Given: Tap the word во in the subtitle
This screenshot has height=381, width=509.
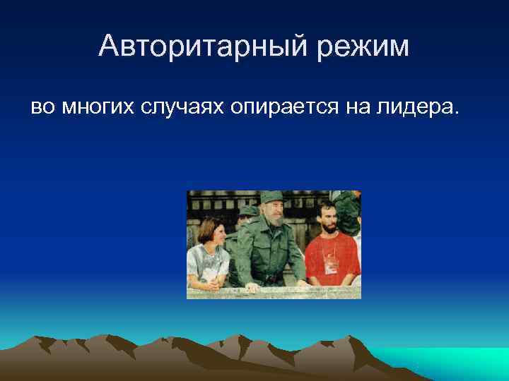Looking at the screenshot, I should pyautogui.click(x=41, y=107).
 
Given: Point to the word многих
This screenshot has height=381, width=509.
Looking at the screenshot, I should pyautogui.click(x=98, y=107).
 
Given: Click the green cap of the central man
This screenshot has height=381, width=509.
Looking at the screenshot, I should pyautogui.click(x=271, y=198).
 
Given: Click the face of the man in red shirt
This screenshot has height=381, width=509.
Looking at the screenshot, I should pyautogui.click(x=327, y=216).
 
